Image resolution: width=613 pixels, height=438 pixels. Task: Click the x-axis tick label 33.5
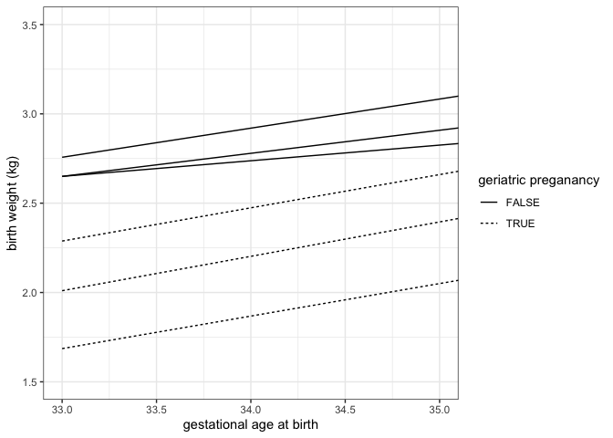(x=156, y=408)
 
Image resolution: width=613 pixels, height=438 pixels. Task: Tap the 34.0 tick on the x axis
(x=251, y=408)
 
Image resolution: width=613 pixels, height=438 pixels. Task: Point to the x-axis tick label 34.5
(x=345, y=408)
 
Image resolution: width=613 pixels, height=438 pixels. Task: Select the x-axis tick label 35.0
(x=439, y=408)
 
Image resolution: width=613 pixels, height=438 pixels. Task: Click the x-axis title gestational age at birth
(x=251, y=425)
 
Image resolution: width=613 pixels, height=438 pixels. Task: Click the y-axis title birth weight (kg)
(x=12, y=203)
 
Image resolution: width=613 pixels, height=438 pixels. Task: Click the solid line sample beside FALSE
(x=489, y=203)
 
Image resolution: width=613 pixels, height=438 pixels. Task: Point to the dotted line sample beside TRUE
(x=489, y=223)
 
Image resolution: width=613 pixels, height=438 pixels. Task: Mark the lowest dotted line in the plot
(x=255, y=315)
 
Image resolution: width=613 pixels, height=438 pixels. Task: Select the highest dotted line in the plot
(x=255, y=207)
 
